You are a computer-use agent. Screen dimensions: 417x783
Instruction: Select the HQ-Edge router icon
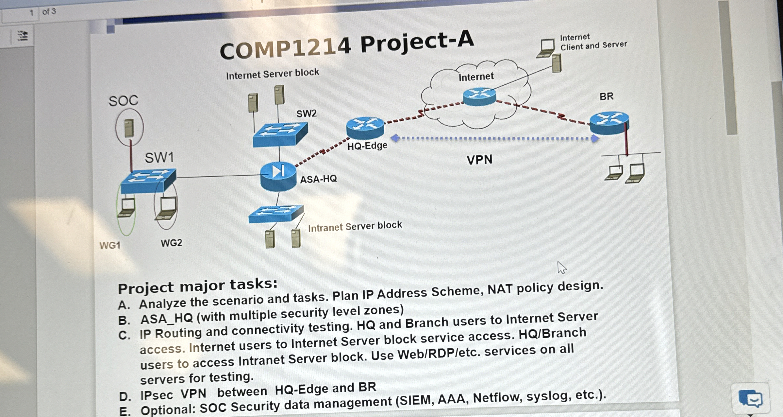[365, 128]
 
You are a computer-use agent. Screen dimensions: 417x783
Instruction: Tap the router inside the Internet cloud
[479, 96]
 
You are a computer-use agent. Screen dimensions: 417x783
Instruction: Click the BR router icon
[609, 123]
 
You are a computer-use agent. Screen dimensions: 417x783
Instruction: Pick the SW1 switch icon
[148, 181]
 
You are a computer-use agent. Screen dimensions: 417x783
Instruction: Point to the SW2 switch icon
[280, 134]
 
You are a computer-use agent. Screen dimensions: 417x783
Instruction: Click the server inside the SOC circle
[129, 128]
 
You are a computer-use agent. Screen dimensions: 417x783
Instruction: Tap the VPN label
[479, 160]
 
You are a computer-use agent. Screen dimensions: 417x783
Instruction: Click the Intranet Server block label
[355, 226]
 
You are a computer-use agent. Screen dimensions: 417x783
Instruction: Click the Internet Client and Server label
[593, 42]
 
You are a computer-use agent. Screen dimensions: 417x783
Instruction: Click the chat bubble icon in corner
[750, 398]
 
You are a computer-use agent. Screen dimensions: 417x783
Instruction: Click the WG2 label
[171, 243]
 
